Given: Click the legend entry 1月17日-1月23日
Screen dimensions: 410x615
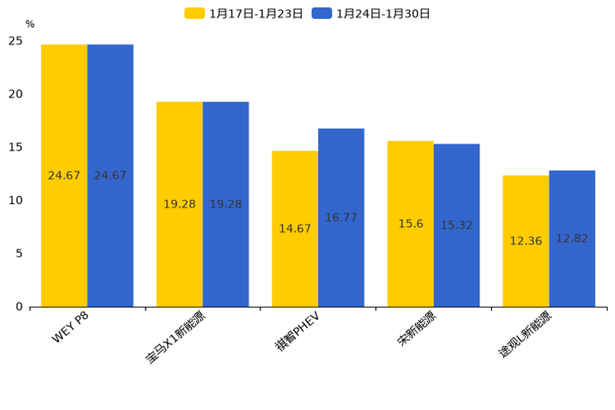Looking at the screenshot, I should click(x=245, y=13).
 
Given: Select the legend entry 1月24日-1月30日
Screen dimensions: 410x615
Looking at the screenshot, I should click(x=372, y=13).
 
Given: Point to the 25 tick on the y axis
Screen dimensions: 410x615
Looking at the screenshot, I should click(x=16, y=41).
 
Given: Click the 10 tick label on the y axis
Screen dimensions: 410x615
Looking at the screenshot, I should click(x=16, y=201).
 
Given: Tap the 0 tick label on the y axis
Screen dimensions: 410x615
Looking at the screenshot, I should click(x=19, y=307).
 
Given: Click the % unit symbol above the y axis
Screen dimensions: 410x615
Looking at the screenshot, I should click(x=30, y=24).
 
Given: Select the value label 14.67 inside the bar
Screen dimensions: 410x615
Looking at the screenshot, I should click(x=295, y=229).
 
